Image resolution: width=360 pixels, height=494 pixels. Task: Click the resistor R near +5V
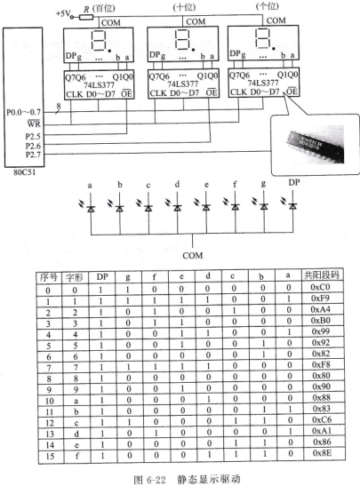pos(85,17)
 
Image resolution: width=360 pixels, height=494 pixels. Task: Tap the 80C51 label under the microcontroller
pos(24,172)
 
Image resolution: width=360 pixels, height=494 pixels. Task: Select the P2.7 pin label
pos(33,155)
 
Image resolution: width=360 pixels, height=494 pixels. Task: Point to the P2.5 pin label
pos(33,137)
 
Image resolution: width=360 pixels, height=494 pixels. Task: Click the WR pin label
pos(34,123)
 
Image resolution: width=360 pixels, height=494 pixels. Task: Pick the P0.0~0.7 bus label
pos(24,112)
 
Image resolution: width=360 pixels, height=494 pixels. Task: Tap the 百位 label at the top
pos(104,8)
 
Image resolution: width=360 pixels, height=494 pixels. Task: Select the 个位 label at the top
pos(268,6)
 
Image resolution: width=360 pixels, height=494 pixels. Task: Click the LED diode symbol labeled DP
pos(293,206)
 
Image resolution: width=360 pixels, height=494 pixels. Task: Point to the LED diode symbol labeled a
pos(91,208)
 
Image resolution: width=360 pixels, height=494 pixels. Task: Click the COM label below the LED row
pos(193,255)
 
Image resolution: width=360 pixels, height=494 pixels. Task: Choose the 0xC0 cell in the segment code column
pos(320,287)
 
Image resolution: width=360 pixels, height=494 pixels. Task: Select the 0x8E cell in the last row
pos(322,453)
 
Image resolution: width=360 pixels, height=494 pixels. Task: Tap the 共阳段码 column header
pos(321,275)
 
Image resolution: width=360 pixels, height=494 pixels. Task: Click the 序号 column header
pos(49,277)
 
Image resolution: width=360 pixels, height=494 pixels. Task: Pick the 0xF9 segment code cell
pos(321,298)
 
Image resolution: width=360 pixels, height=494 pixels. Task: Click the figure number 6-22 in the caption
pos(156,480)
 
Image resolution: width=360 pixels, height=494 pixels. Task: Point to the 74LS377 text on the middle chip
pos(183,84)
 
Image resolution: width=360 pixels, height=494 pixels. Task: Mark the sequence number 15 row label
pos(50,456)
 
